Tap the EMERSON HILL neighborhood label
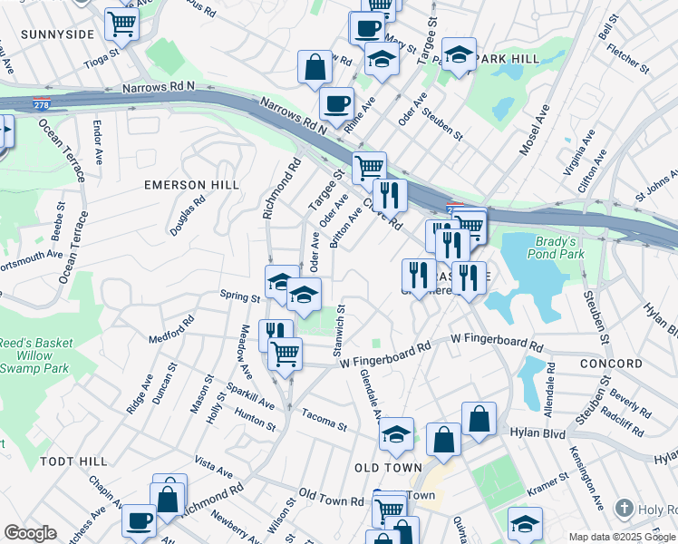pos(192,185)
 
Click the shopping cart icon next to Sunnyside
pos(121,24)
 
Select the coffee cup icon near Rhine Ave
pos(336,102)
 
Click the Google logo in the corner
pos(30,533)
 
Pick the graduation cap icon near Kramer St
pos(525,522)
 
